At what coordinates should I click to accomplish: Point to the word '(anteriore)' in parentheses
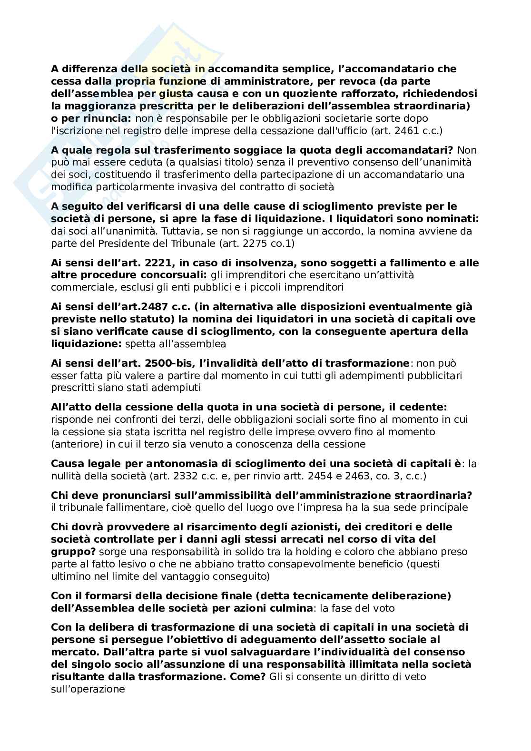point(74,444)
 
